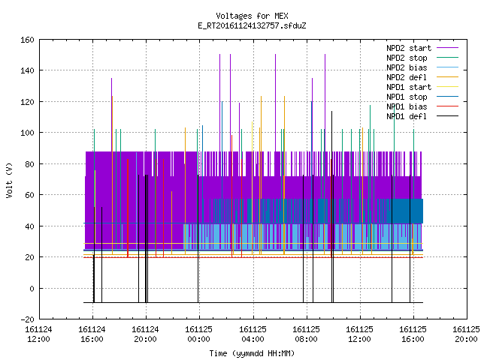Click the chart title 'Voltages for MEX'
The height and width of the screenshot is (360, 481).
tap(252, 16)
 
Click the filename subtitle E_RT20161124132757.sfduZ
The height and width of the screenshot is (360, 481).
tap(252, 25)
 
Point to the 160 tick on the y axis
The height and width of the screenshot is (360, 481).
tap(27, 40)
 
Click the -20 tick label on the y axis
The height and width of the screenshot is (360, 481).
tap(27, 319)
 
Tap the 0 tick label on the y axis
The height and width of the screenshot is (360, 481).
tap(32, 289)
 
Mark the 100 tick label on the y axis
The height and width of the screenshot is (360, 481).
tap(27, 133)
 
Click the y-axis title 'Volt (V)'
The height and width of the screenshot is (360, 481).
tap(10, 181)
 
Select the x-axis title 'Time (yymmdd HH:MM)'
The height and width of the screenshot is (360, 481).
tap(252, 353)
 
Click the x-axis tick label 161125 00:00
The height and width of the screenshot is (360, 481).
tap(198, 334)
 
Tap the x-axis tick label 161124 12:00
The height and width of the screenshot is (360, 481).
tap(38, 334)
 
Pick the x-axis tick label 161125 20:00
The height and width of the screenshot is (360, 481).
tap(466, 334)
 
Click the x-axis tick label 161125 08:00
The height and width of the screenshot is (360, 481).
tap(306, 334)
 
